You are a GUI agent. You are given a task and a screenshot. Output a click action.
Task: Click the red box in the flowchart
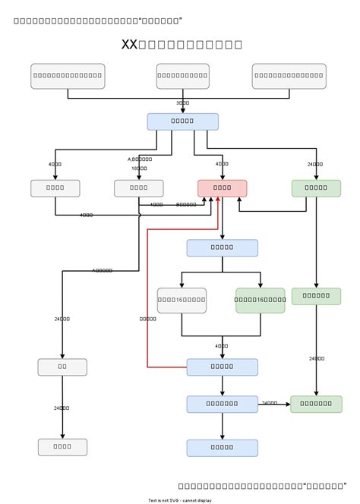(x=222, y=187)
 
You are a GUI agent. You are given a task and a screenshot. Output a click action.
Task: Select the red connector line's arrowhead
(x=219, y=200)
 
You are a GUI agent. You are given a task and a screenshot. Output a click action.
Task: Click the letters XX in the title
(x=129, y=45)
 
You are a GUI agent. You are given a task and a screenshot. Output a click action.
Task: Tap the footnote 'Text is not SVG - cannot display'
(x=180, y=500)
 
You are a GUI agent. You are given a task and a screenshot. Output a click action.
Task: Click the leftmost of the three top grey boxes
(x=68, y=76)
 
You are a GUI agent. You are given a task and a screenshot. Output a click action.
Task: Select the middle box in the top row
(x=182, y=76)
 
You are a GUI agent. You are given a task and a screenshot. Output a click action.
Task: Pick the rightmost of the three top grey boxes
(x=289, y=76)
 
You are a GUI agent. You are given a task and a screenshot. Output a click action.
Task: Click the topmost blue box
(x=182, y=121)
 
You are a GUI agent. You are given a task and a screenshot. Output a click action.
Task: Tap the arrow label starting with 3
(x=182, y=102)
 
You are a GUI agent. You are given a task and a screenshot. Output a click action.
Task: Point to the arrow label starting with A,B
(x=140, y=159)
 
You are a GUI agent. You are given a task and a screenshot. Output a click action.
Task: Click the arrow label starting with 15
(x=139, y=169)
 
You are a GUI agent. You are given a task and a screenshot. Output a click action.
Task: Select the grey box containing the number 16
(x=182, y=301)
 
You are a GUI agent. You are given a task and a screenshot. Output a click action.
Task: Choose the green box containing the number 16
(x=260, y=301)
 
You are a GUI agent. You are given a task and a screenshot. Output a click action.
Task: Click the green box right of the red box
(x=316, y=187)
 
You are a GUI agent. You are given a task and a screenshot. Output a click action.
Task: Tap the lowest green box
(x=316, y=404)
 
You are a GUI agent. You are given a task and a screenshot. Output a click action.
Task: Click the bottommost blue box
(x=222, y=448)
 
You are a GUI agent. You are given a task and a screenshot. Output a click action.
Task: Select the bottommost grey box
(x=62, y=447)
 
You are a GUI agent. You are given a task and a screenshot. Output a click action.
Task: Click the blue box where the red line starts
(x=222, y=367)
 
